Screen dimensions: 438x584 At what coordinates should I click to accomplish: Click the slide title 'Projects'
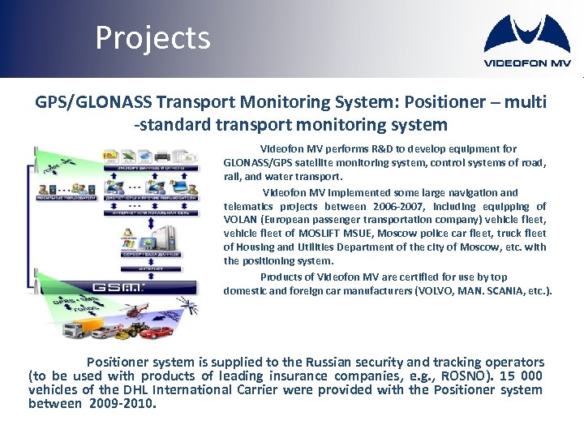tap(152, 37)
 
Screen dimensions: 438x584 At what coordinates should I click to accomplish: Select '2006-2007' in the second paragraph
tap(403, 206)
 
